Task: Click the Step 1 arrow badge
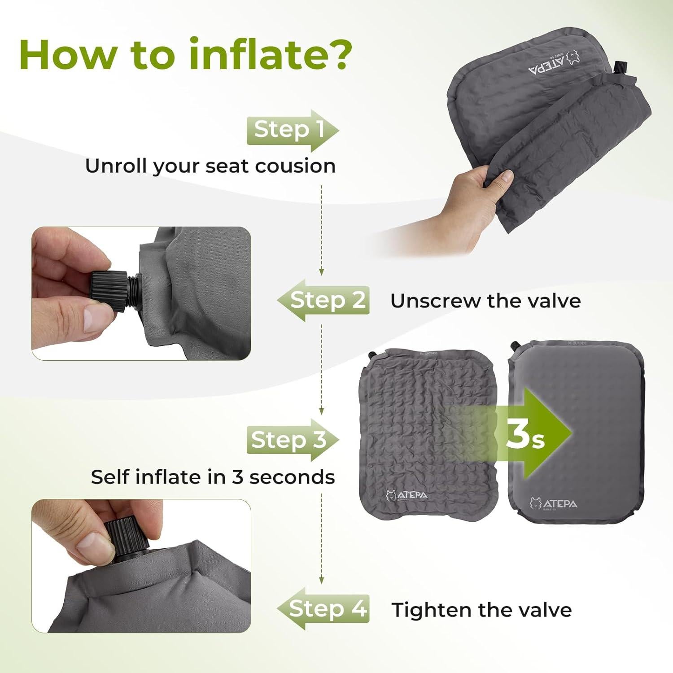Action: (292, 131)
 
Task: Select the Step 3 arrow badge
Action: (292, 440)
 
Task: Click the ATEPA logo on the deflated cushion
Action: (406, 495)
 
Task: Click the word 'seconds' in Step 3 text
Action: (292, 477)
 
